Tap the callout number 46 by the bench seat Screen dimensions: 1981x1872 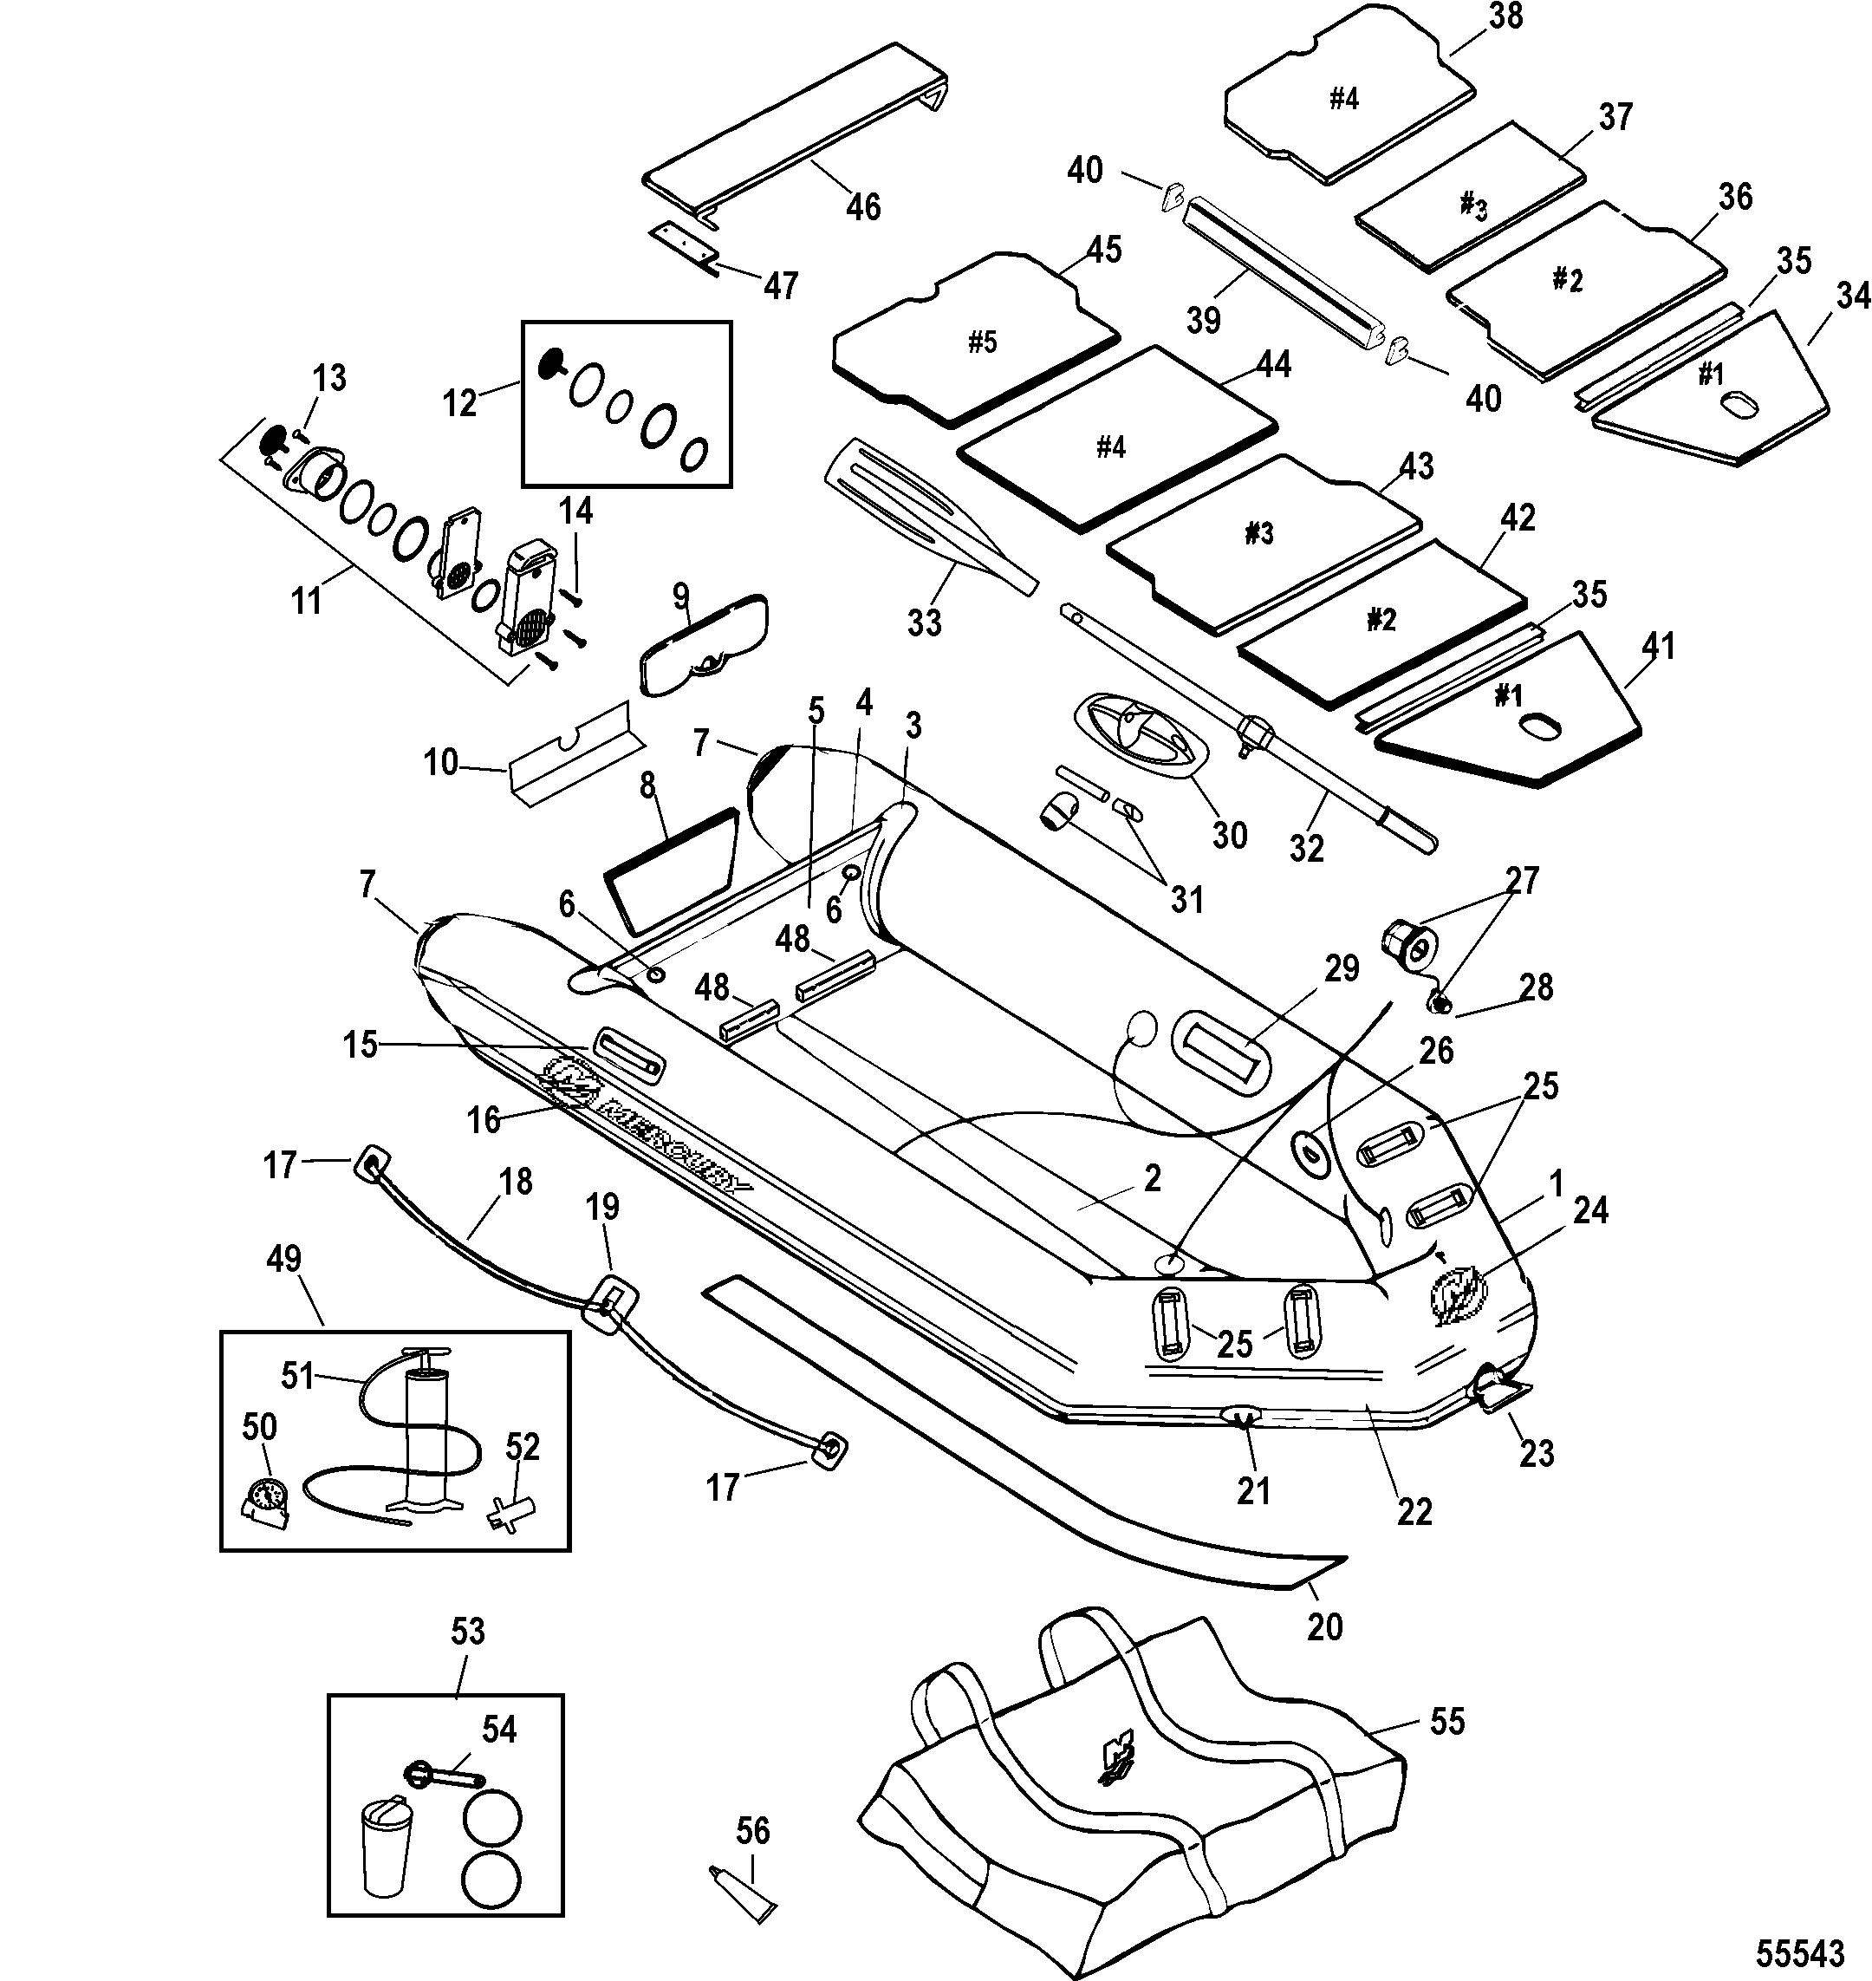(863, 206)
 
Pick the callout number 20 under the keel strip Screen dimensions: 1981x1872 (1324, 1626)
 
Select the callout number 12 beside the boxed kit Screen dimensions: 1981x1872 (460, 404)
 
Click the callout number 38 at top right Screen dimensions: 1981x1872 (1505, 17)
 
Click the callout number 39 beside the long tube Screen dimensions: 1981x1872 (1204, 321)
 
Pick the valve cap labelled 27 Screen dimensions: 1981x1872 (1406, 944)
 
